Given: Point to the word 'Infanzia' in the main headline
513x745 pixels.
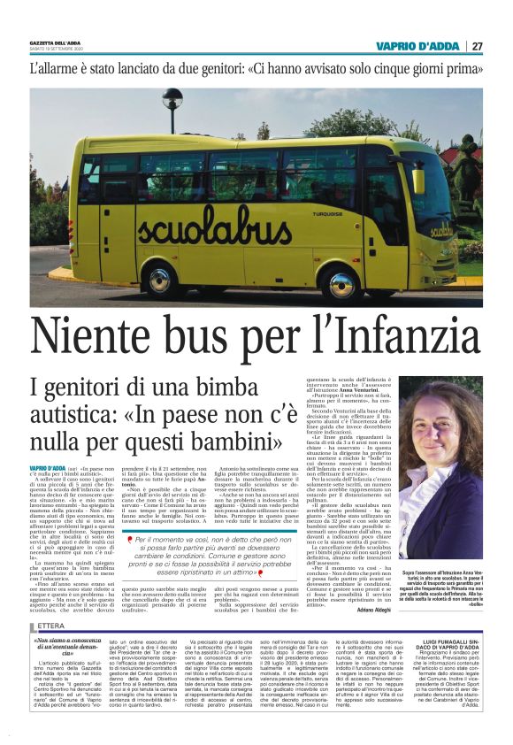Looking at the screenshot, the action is click(397, 334).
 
